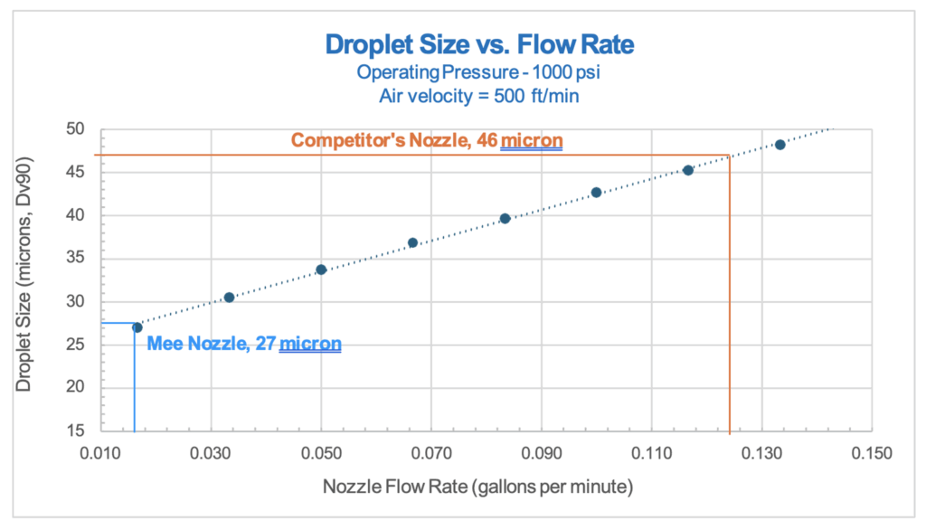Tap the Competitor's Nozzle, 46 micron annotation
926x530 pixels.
coord(426,141)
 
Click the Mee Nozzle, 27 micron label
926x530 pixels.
coord(243,344)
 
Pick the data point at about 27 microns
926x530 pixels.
coord(137,327)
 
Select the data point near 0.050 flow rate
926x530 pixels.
coord(321,270)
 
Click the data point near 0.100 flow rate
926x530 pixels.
coord(596,193)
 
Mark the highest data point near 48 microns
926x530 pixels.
coord(780,145)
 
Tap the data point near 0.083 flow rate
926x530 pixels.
coord(505,218)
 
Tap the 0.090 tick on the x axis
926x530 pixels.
coord(541,451)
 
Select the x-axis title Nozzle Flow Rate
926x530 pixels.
coord(477,487)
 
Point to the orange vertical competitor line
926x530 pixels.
coord(730,298)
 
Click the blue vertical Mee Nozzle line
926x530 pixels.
coord(134,380)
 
